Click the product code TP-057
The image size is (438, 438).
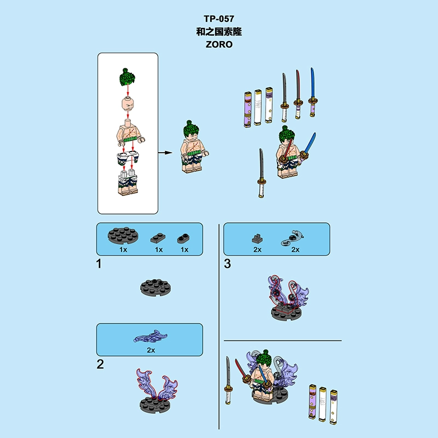[218, 19]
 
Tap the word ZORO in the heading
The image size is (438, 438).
[219, 44]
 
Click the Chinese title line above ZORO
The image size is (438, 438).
[219, 32]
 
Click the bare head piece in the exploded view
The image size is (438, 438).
[128, 103]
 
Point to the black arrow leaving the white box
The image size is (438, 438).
[165, 153]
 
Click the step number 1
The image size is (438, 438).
[99, 264]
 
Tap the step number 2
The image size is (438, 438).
[100, 364]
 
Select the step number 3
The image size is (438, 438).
[227, 264]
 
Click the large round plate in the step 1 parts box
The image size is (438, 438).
[123, 236]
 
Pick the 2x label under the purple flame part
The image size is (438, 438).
[151, 350]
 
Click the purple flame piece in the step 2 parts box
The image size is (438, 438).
[150, 337]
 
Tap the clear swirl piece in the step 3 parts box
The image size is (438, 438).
[292, 238]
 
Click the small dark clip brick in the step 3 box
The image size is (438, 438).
[257, 238]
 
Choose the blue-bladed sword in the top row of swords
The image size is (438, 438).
[313, 92]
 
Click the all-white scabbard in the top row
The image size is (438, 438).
[257, 107]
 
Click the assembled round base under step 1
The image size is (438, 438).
[155, 287]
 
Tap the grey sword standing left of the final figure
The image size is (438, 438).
[228, 381]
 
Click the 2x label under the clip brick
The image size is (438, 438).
[257, 250]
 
